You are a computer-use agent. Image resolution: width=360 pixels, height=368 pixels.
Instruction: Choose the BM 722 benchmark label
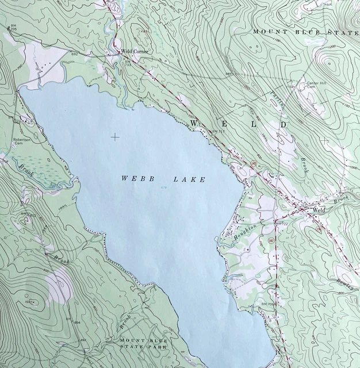point(281,223)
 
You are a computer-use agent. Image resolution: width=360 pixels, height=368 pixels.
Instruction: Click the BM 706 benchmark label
point(268,304)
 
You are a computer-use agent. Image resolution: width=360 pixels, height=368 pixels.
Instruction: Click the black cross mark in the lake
point(115,137)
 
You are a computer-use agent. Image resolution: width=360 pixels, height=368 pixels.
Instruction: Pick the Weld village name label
point(319,211)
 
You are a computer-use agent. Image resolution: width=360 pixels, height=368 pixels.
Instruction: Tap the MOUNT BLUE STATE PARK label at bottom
point(143,344)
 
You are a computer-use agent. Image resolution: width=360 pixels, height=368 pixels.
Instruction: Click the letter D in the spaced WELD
point(283,124)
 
